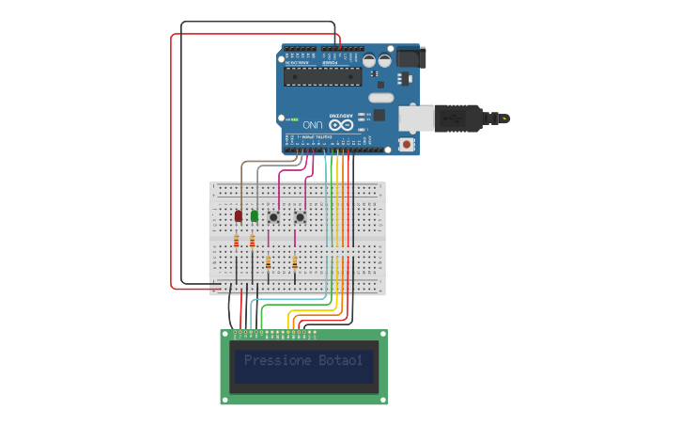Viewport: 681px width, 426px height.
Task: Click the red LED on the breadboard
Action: [x=238, y=216]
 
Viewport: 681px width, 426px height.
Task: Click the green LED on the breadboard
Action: [x=254, y=216]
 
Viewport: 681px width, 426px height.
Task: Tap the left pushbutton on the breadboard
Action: [x=273, y=217]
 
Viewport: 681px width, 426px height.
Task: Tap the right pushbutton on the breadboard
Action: [x=300, y=217]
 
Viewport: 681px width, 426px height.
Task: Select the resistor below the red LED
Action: [x=236, y=242]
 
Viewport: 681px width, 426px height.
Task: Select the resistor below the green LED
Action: [x=252, y=242]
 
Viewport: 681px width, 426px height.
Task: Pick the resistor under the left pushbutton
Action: [x=269, y=262]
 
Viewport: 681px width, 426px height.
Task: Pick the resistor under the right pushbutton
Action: [x=295, y=262]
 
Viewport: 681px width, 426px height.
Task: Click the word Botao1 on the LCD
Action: [x=340, y=360]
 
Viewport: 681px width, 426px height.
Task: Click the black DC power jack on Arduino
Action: [x=410, y=57]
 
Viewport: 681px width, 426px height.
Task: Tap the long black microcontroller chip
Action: [x=322, y=76]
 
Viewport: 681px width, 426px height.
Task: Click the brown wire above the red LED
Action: [x=242, y=183]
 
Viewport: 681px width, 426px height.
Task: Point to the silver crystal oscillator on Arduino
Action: [x=380, y=97]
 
